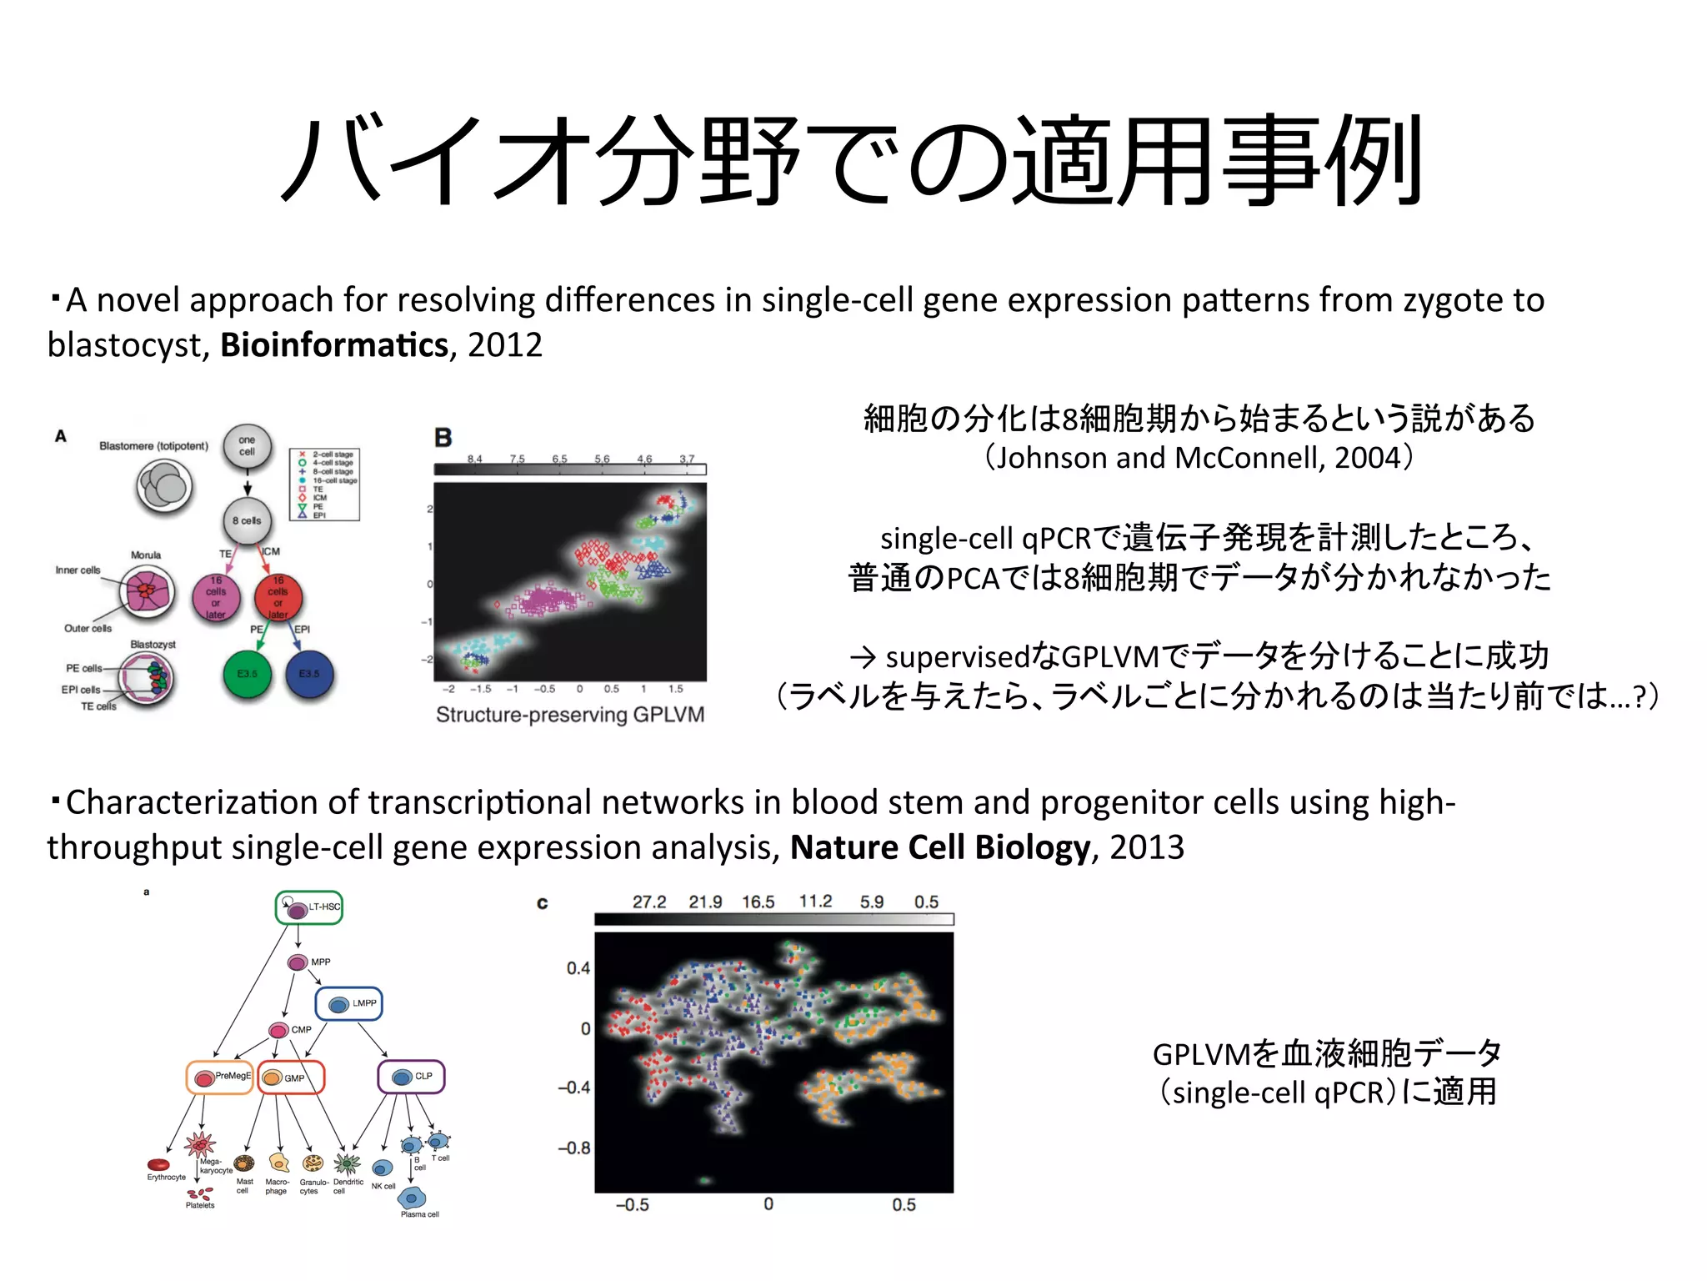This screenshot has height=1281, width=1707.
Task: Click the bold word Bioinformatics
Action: point(333,345)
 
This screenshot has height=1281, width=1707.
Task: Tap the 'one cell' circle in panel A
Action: point(247,446)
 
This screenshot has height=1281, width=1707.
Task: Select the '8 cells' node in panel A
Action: point(247,520)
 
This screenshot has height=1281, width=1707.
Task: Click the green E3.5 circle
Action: point(248,674)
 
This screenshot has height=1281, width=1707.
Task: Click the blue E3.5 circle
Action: point(309,674)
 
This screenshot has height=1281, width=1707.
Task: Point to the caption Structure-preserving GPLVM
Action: point(570,715)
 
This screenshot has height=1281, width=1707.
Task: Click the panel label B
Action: point(443,438)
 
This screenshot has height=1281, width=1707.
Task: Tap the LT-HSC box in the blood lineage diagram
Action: point(309,907)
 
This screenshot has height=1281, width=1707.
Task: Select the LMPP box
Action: point(349,1004)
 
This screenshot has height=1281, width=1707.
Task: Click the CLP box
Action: point(412,1077)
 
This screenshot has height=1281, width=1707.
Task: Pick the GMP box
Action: point(291,1078)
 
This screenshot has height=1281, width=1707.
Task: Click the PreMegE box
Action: point(219,1078)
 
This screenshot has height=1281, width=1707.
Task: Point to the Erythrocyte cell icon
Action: point(158,1165)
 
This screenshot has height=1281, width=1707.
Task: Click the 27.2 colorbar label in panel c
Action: point(648,902)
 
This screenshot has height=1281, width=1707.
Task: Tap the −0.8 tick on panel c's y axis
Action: point(574,1148)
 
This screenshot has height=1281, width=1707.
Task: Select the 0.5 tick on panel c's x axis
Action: point(904,1204)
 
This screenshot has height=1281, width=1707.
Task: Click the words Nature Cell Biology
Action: point(940,847)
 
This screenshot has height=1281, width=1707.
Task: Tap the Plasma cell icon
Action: point(412,1198)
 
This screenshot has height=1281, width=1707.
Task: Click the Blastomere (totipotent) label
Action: point(153,446)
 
